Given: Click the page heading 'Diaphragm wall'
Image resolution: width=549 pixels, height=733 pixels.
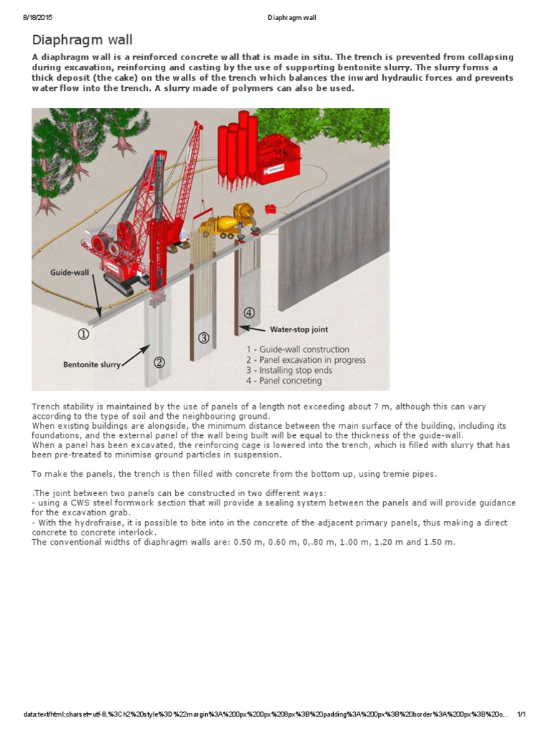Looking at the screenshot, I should (x=82, y=40).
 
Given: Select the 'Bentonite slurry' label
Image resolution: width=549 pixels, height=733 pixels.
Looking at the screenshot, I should (x=91, y=365).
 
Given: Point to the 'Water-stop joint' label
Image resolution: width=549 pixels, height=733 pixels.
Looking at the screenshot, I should (x=298, y=330).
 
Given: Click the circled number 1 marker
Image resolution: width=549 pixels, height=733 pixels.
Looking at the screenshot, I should (x=84, y=334).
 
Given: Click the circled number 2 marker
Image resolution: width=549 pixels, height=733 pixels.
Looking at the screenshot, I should (x=159, y=361).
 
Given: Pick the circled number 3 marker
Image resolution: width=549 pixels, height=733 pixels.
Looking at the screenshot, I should (x=204, y=337).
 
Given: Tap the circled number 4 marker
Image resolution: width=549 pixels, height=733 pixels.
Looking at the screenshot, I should (x=249, y=312).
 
